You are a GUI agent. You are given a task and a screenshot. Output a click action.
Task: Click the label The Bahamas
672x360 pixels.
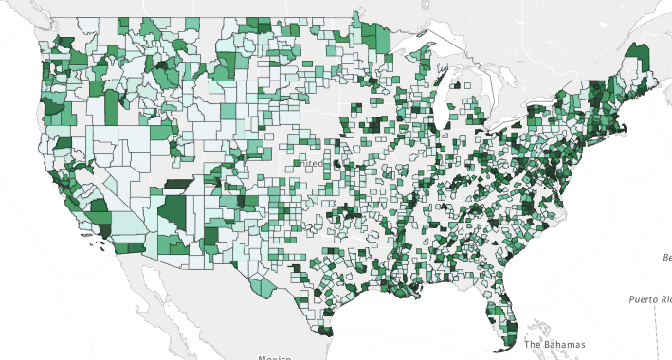pos(554,344)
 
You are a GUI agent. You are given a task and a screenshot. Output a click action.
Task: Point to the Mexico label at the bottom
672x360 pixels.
pos(275,357)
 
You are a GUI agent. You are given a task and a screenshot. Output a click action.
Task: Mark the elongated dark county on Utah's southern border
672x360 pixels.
pos(177,185)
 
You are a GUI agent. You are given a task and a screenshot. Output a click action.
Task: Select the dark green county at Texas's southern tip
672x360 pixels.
pos(327,332)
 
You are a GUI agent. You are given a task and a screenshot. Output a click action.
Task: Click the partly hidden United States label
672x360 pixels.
pos(313,163)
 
